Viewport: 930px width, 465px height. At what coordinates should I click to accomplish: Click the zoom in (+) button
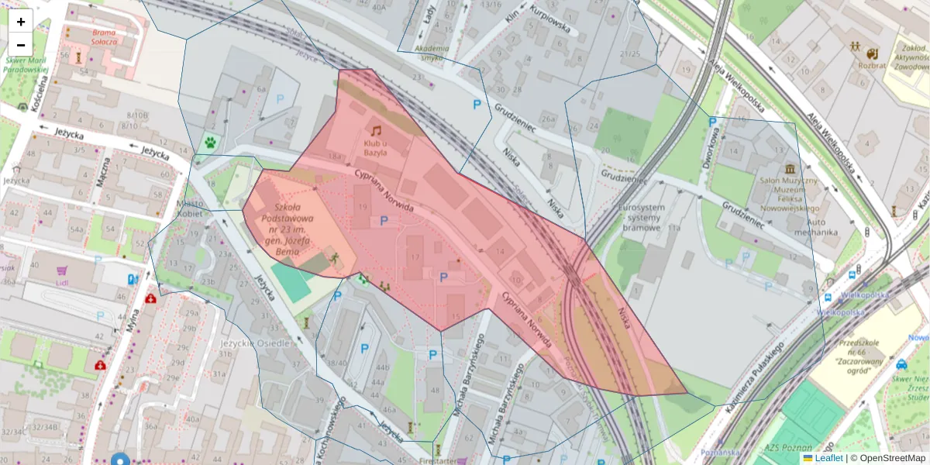21,22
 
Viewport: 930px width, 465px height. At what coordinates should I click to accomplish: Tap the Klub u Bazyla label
376,148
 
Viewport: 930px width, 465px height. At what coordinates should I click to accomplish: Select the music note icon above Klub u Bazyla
376,131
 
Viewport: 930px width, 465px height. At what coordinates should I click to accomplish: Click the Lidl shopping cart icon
61,271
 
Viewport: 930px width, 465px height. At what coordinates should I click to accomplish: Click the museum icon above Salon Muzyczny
790,169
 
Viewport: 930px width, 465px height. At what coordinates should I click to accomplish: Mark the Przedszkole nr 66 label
860,354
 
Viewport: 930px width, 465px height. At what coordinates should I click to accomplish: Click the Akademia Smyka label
432,53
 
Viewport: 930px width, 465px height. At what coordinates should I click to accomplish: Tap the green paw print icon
210,143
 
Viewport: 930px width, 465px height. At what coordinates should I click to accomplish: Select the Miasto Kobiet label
190,208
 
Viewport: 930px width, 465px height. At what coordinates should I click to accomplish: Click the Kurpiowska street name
549,20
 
